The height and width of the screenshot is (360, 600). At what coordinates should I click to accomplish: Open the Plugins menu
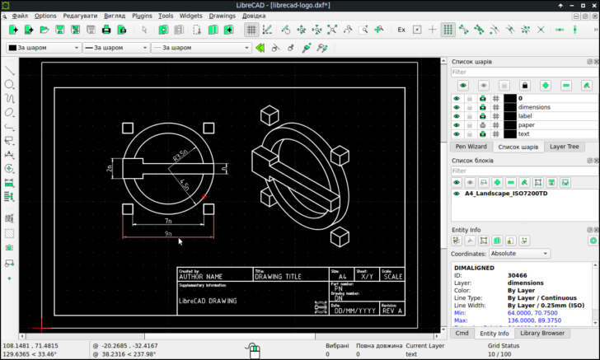[142, 16]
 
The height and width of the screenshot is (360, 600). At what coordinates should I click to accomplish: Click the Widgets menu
[190, 16]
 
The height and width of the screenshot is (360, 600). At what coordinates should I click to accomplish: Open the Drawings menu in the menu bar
[222, 16]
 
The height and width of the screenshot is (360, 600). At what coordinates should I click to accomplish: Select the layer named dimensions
[534, 107]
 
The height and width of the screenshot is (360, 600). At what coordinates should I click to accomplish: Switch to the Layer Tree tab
[565, 147]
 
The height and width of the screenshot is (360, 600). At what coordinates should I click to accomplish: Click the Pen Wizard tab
[471, 147]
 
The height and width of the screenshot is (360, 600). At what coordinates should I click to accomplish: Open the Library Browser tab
[542, 333]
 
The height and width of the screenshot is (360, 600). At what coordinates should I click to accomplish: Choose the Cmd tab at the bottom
[462, 333]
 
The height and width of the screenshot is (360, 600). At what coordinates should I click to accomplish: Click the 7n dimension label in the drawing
[167, 221]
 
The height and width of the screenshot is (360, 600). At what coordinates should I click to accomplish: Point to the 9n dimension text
[167, 234]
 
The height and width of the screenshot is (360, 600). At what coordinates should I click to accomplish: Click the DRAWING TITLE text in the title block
[280, 277]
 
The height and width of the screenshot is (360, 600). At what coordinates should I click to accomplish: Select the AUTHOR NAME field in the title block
[201, 277]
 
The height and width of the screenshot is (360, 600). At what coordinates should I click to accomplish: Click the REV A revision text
[392, 311]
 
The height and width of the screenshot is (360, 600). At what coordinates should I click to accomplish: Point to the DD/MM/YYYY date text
[352, 311]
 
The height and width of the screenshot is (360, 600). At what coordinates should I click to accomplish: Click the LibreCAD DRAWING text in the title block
[208, 301]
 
